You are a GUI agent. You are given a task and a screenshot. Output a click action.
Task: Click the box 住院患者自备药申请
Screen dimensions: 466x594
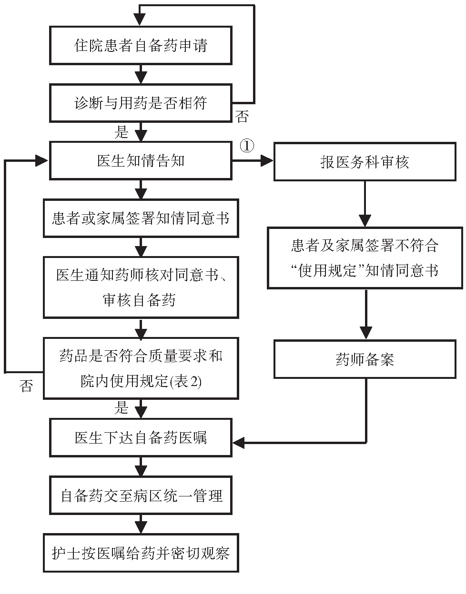141,45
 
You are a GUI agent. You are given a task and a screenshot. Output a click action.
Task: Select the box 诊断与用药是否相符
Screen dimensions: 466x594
141,103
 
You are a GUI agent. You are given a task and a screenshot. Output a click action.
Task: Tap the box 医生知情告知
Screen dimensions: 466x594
141,161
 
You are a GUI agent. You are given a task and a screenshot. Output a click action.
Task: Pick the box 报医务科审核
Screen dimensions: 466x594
365,161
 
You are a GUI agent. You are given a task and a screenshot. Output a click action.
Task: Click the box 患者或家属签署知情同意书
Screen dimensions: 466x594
141,218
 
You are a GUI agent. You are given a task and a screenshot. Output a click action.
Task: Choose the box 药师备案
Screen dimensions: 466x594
365,359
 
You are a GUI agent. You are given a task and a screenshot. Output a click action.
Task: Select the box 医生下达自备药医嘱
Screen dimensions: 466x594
141,437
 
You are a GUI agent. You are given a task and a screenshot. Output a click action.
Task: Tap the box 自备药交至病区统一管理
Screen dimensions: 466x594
141,495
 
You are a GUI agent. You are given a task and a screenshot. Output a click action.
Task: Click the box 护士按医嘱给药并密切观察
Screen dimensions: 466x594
141,553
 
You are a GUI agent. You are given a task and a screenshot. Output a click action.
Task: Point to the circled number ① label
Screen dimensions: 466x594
247,146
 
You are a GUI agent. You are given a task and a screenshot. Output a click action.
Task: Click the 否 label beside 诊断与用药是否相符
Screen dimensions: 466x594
242,117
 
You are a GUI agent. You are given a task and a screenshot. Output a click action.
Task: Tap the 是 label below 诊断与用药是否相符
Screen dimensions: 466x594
121,132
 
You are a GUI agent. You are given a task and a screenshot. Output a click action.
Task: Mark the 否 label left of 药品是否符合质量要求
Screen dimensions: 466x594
26,386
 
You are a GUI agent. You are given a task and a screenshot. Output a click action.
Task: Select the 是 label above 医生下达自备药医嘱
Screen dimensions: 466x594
121,407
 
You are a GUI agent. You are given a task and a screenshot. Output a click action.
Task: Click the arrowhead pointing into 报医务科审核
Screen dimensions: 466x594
267,160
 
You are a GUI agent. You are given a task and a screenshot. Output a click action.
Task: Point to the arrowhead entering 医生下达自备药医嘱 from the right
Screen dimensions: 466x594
239,442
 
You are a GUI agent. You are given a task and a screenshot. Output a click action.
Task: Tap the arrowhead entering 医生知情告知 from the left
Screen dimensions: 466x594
42,160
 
